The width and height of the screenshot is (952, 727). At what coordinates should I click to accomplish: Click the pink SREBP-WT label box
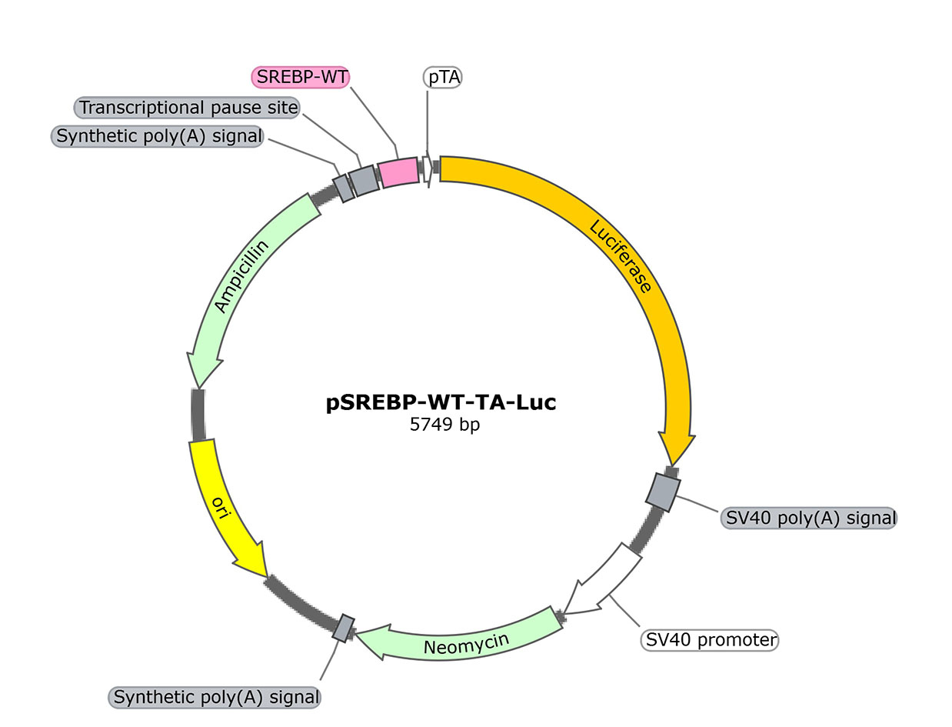point(301,77)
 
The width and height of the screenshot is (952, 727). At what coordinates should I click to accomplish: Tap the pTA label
point(442,77)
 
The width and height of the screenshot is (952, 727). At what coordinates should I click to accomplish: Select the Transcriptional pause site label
point(188,108)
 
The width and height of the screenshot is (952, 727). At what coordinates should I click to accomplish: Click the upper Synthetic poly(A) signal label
point(159,137)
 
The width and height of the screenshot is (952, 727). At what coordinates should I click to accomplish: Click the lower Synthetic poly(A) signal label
point(216,698)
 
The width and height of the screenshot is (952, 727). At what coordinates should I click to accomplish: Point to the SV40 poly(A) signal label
point(809,518)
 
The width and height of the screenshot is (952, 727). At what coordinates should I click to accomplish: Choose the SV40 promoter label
point(710,639)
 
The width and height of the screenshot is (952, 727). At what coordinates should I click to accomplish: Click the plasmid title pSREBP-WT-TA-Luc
point(441,402)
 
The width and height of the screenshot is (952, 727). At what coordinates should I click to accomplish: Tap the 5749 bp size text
point(445,424)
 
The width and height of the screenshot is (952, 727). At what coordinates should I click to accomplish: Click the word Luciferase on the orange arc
point(621,256)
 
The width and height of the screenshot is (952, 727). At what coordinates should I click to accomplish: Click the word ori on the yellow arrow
point(221,507)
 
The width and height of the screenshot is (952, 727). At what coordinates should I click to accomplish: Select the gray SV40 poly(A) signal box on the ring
point(664,491)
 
